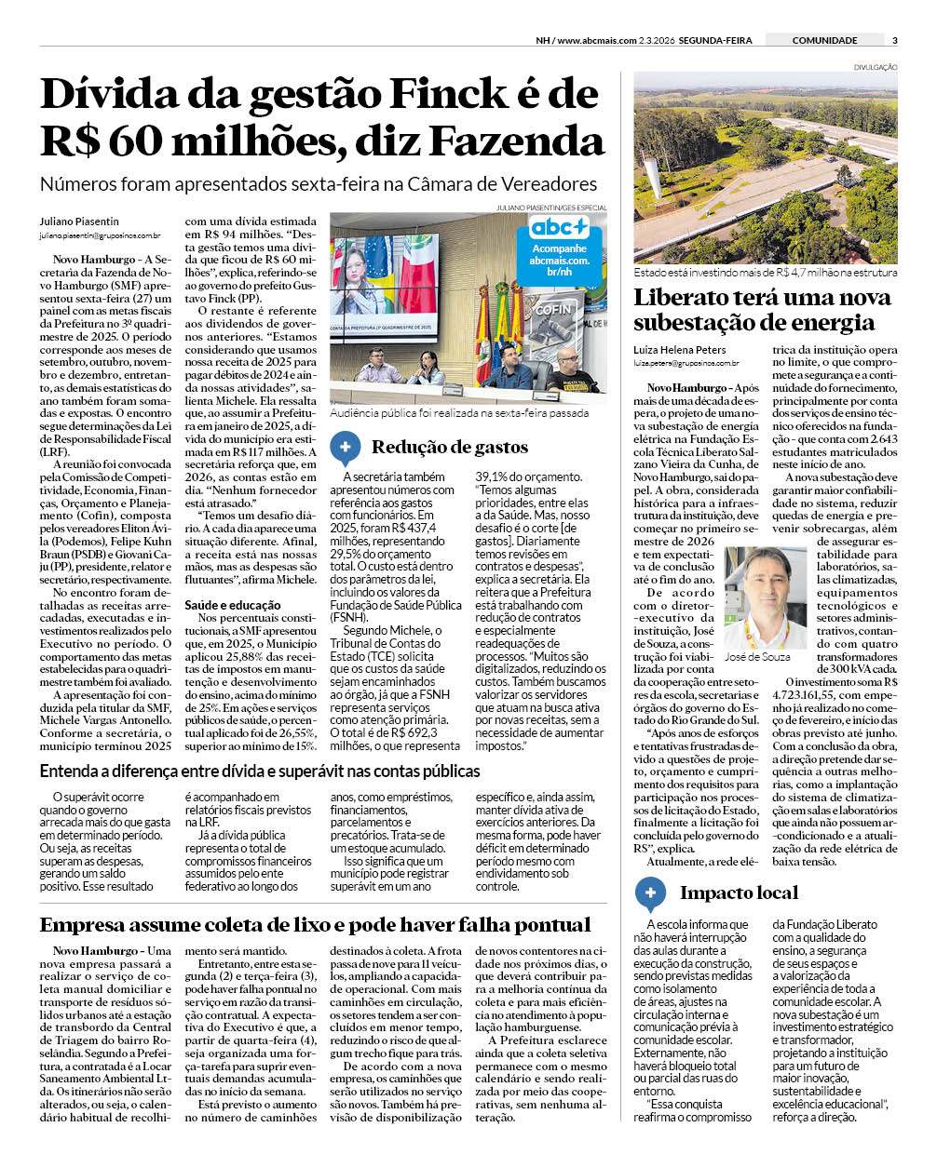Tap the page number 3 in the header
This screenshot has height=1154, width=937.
(894, 40)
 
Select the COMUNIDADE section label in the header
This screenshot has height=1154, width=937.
(824, 40)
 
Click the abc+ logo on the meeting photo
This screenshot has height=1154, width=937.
(559, 227)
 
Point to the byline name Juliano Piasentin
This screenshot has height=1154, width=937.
(79, 221)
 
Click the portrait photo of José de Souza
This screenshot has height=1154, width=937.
(766, 597)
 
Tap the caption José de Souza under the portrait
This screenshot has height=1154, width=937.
(757, 657)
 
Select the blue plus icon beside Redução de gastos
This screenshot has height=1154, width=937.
(345, 448)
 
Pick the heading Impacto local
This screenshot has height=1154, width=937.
(739, 893)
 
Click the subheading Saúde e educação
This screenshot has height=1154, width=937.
(232, 605)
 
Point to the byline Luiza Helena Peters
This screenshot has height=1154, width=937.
(680, 350)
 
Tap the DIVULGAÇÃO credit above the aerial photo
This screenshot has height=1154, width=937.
(876, 67)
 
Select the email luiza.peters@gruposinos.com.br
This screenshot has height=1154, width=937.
(686, 364)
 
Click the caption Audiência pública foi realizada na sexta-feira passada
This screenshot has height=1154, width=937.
(459, 412)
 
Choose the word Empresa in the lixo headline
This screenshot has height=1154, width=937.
(86, 925)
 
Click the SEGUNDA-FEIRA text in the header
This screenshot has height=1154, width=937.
(715, 40)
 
